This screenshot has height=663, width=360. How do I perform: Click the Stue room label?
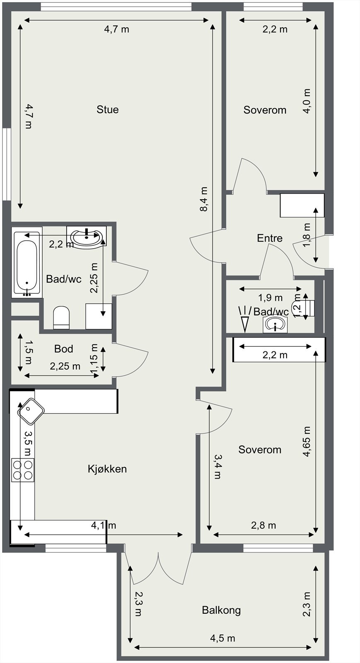[108, 109]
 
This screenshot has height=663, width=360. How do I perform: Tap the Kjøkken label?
[107, 469]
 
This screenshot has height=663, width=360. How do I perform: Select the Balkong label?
[221, 610]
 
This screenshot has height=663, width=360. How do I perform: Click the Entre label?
[270, 238]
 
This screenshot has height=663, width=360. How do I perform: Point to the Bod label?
[64, 348]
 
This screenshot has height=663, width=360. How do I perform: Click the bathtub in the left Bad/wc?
[27, 263]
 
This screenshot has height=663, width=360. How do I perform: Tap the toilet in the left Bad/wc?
[62, 317]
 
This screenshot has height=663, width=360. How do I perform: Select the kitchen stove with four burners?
[23, 469]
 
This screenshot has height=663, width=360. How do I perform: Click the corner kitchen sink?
[31, 411]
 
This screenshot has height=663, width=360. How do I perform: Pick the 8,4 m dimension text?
[204, 199]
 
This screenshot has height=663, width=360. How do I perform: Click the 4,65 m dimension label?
[307, 442]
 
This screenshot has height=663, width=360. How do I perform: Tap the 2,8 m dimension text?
[263, 525]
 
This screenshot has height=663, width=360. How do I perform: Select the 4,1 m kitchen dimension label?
[104, 525]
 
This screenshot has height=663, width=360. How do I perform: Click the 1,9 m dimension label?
[271, 298]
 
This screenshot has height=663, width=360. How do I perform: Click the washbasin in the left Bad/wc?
[87, 236]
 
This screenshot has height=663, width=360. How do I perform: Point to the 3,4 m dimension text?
[217, 467]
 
